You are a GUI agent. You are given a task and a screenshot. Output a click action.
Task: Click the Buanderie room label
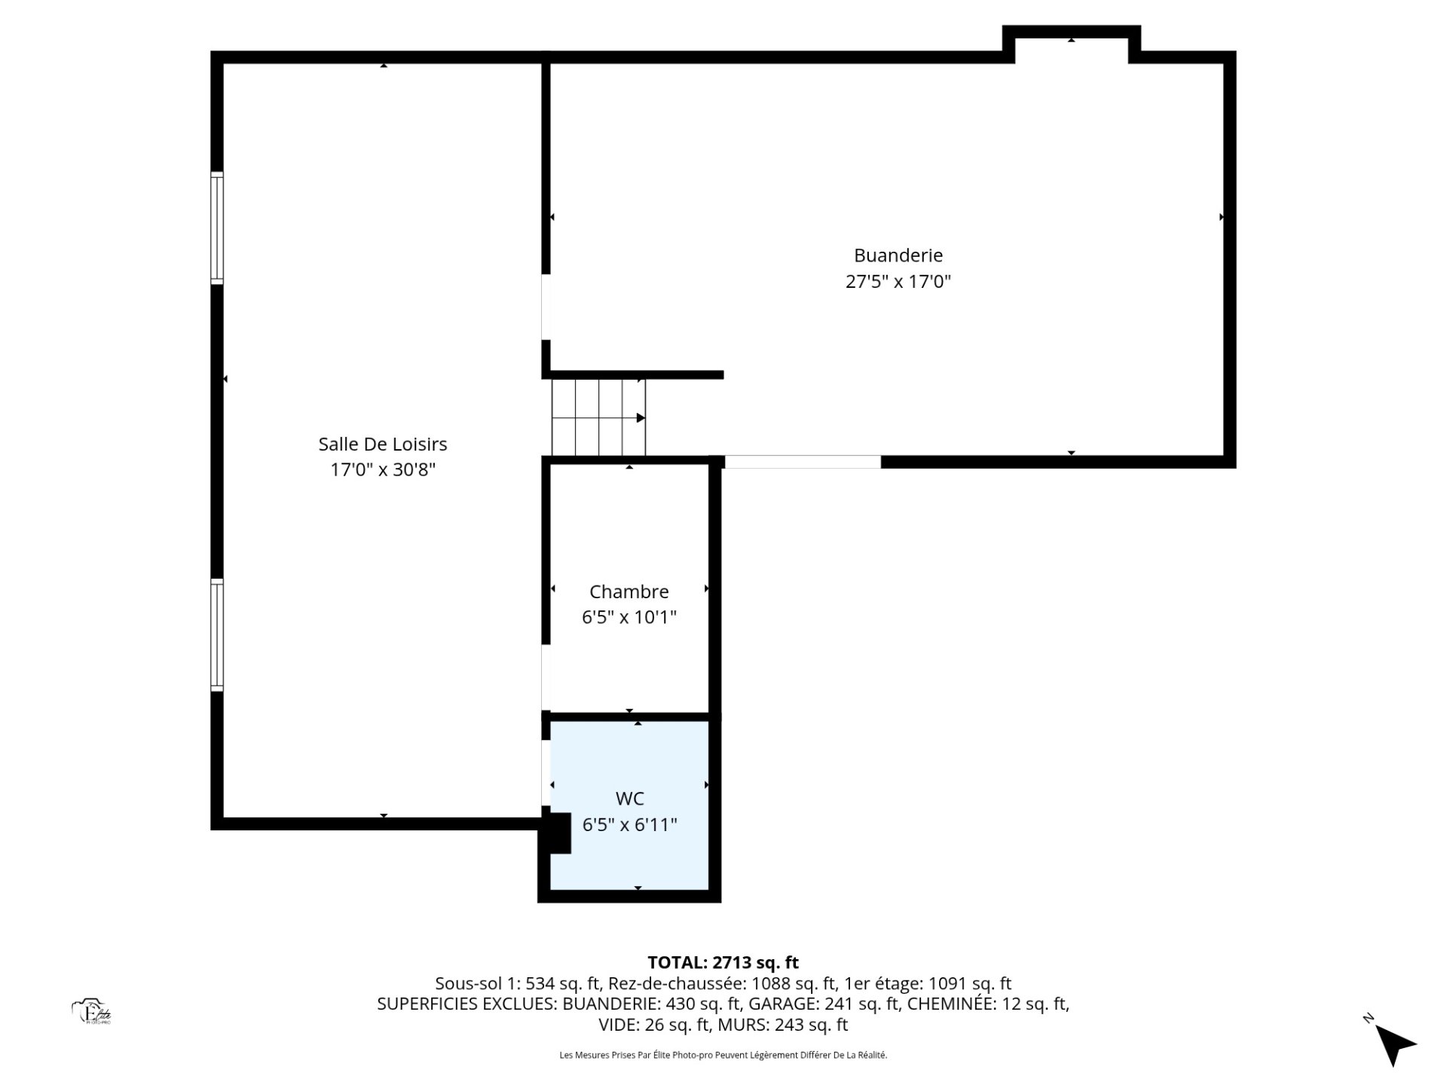coord(898,255)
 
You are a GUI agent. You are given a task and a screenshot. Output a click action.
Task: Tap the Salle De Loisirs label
coord(383,444)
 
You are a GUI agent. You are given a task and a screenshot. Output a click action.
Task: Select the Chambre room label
coord(629,591)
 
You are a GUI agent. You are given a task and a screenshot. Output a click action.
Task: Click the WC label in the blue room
coord(629,798)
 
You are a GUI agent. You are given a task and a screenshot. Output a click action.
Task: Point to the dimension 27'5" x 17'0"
coord(898,282)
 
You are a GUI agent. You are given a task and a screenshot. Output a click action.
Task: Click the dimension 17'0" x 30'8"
coord(383,469)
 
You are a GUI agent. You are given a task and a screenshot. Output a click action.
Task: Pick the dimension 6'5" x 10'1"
coord(629,617)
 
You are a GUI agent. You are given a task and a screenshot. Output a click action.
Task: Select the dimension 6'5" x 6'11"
coord(629,824)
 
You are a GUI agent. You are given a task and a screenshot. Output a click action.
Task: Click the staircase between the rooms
coord(599,417)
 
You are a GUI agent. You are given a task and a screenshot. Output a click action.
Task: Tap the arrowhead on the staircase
coord(641,417)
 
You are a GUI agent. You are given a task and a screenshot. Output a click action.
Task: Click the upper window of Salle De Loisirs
coord(217,228)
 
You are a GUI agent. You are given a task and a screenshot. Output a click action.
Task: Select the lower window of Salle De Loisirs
coord(217,635)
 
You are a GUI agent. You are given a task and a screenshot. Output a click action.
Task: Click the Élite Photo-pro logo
coord(91,1012)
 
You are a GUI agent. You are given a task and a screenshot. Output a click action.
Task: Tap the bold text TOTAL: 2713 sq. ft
coord(723,962)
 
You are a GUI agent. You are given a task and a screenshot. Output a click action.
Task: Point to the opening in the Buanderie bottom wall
coord(803,462)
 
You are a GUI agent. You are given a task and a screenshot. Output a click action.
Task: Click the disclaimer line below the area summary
coord(723,1055)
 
